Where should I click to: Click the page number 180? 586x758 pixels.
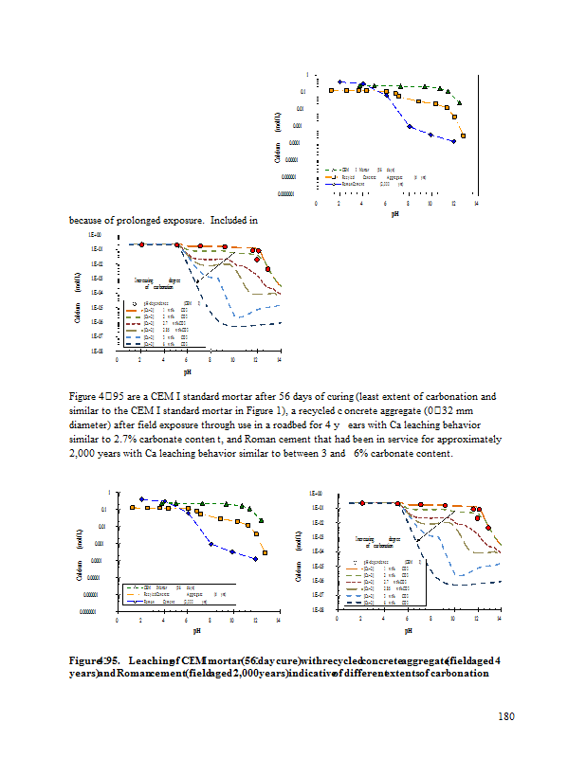coord(505,716)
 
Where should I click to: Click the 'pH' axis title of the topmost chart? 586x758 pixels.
coord(395,214)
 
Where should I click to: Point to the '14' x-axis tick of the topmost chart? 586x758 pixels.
coord(476,203)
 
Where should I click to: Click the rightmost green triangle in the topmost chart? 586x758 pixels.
coord(460,102)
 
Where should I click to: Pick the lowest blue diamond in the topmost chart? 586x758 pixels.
coord(454,141)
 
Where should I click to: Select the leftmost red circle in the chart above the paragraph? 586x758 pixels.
coord(141,244)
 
